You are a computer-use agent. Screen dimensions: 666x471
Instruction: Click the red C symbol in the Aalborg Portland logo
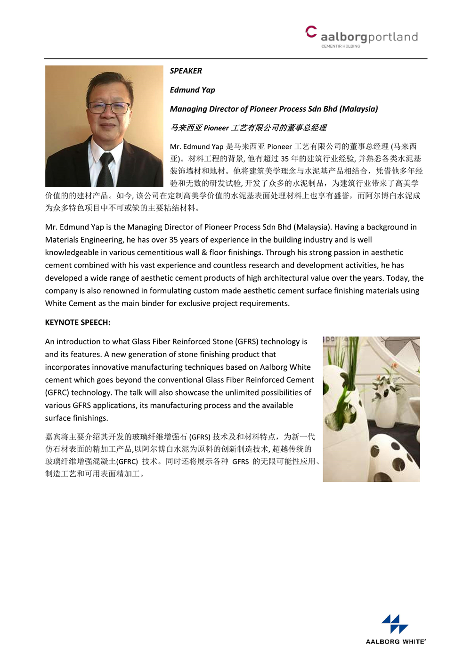pyautogui.click(x=310, y=32)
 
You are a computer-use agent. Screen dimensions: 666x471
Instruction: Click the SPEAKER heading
pyautogui.click(x=186, y=71)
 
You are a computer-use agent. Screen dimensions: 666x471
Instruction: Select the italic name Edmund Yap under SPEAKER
pyautogui.click(x=192, y=89)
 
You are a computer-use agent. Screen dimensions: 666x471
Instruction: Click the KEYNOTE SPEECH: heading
pyautogui.click(x=78, y=322)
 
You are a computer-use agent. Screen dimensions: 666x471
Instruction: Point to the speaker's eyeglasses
pyautogui.click(x=108, y=107)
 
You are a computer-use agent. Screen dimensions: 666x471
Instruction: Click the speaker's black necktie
pyautogui.click(x=105, y=169)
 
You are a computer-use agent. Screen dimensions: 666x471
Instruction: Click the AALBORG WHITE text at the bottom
pyautogui.click(x=395, y=642)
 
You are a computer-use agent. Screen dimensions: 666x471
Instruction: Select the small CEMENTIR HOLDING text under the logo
pyautogui.click(x=341, y=46)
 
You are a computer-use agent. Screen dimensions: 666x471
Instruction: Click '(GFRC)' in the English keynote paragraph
pyautogui.click(x=57, y=392)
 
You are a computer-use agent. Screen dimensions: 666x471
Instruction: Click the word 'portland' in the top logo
pyautogui.click(x=392, y=37)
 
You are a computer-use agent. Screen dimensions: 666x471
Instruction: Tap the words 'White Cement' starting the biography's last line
pyautogui.click(x=70, y=303)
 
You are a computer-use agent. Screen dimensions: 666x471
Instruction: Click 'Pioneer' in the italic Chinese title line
pyautogui.click(x=216, y=128)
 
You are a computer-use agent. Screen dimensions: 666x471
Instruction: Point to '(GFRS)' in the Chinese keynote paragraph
pyautogui.click(x=200, y=437)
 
